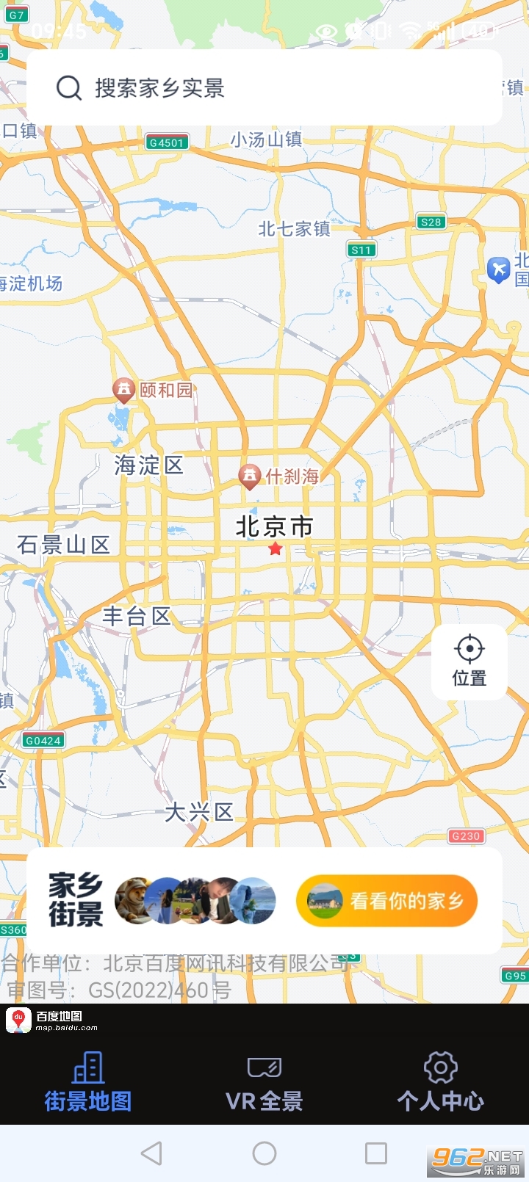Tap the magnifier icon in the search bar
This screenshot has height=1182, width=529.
tap(69, 88)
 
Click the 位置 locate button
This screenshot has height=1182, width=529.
tap(469, 661)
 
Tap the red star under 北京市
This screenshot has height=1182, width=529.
tap(276, 549)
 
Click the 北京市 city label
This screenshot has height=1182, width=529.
tap(274, 526)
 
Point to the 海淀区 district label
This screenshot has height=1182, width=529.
tap(148, 465)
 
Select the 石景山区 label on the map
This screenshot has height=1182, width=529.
tap(63, 544)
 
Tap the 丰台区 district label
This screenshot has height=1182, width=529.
tap(136, 616)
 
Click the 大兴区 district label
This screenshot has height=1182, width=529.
tap(198, 812)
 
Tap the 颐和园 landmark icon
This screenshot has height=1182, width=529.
tap(123, 389)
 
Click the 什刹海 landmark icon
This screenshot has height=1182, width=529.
tap(250, 476)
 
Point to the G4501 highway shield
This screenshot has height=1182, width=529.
tap(167, 142)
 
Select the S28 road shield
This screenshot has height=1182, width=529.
tap(431, 222)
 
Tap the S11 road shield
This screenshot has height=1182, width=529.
tap(361, 250)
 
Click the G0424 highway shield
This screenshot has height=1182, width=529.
tap(43, 740)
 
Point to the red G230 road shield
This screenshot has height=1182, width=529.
tap(466, 835)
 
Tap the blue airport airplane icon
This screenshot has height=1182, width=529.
tap(499, 269)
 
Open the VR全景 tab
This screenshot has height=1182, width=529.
tap(264, 1082)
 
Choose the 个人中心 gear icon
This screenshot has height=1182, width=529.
tap(441, 1067)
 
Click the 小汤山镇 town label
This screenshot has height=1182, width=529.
tap(266, 139)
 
